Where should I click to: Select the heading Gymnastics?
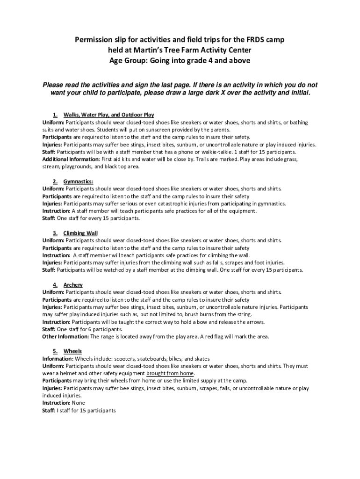pos(79,181)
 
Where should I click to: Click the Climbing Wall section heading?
pos(80,233)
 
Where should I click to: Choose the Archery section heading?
pos(73,285)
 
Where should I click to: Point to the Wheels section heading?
pos(72,351)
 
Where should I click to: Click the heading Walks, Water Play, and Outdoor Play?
pos(108,115)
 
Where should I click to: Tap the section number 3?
pos(55,233)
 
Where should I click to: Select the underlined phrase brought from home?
pos(170,374)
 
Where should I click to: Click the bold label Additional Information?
pos(65,159)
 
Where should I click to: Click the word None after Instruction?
pos(79,403)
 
